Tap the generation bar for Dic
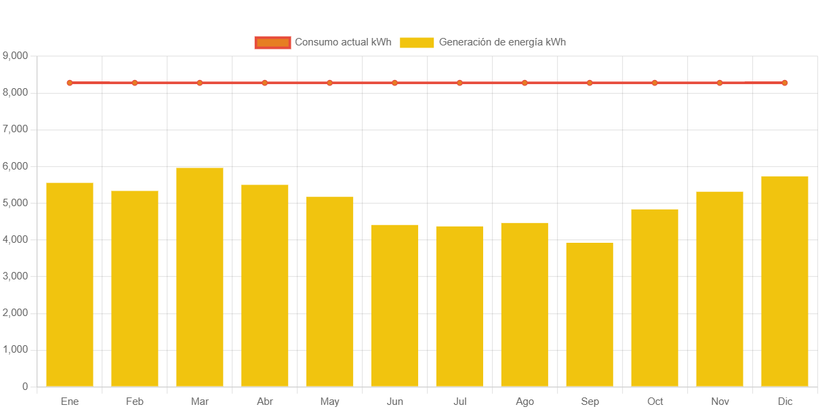click(x=785, y=281)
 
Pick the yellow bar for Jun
click(x=395, y=305)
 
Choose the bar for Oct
click(x=655, y=298)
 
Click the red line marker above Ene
click(x=70, y=83)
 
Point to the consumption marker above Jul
click(x=459, y=83)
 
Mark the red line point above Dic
click(x=785, y=83)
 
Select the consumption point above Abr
click(x=264, y=83)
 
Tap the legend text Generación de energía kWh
click(x=502, y=42)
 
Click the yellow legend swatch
click(x=417, y=43)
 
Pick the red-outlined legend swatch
click(x=272, y=43)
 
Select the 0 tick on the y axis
click(x=25, y=386)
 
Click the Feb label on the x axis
click(x=135, y=402)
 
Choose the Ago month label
click(x=525, y=402)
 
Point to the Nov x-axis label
click(x=720, y=402)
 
